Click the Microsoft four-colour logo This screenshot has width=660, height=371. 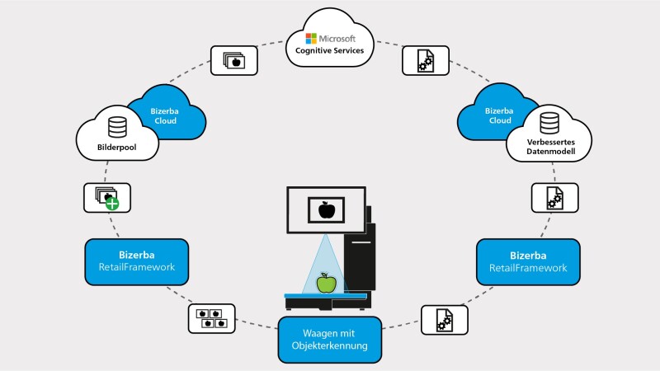click(x=311, y=38)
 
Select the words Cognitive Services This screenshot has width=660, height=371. click(x=330, y=51)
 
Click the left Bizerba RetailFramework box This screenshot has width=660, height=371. click(x=136, y=261)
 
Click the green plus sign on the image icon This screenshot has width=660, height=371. click(x=111, y=203)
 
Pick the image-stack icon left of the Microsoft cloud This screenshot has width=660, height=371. click(x=233, y=59)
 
